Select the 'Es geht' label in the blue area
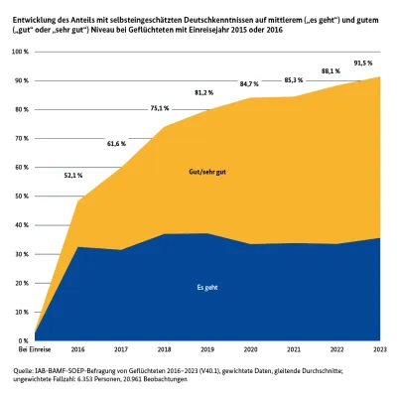coord(204,287)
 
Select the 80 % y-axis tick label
coord(22,109)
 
